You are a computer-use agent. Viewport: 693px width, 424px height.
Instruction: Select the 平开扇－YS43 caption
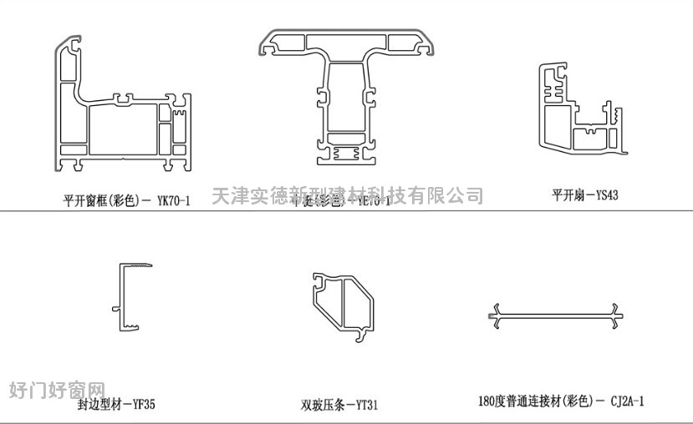[584, 196]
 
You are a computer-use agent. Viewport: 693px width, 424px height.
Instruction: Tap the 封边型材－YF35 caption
[116, 405]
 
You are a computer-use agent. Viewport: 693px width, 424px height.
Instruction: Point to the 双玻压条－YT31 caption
[339, 406]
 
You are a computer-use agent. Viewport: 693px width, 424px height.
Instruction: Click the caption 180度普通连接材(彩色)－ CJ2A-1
[561, 401]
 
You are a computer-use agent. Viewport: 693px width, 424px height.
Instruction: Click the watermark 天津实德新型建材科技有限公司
[347, 196]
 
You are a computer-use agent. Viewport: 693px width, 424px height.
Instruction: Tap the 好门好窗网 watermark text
[57, 390]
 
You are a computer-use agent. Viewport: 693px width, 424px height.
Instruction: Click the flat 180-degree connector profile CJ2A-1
[556, 315]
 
